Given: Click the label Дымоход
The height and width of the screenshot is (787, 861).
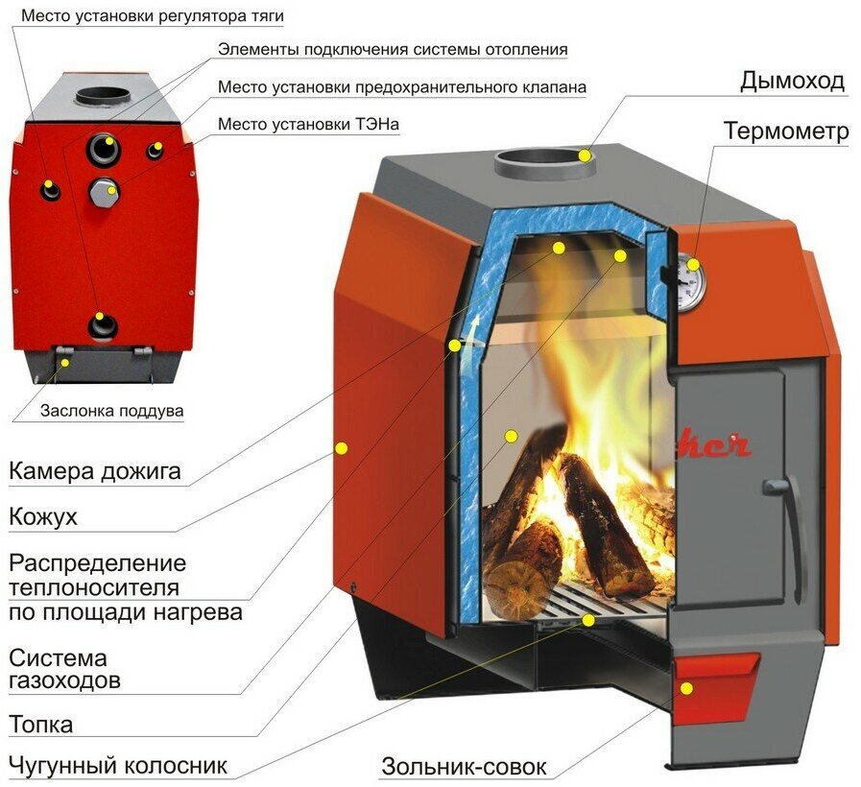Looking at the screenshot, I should (791, 81).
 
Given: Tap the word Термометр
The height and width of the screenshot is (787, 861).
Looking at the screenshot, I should (785, 131).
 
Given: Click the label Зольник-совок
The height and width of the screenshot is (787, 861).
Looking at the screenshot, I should (464, 767).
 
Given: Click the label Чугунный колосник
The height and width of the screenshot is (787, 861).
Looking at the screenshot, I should (118, 765).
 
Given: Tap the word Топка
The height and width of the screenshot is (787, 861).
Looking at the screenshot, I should (40, 723).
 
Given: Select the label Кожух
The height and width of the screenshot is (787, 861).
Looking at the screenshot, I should (43, 518).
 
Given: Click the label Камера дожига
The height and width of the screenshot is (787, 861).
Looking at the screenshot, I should (95, 472).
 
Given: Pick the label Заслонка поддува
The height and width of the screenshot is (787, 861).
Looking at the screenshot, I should (111, 412).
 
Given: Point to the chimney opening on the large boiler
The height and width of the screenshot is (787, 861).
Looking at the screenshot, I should (544, 157).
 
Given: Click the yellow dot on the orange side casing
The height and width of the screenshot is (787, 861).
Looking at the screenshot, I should (341, 446).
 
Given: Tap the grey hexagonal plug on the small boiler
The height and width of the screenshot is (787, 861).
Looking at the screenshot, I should (103, 191).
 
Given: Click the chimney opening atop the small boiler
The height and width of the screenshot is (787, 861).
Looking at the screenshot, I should (103, 96).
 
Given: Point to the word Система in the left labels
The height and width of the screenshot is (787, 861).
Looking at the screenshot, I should (58, 659).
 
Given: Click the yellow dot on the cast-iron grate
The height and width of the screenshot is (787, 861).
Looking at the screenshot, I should (587, 620).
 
